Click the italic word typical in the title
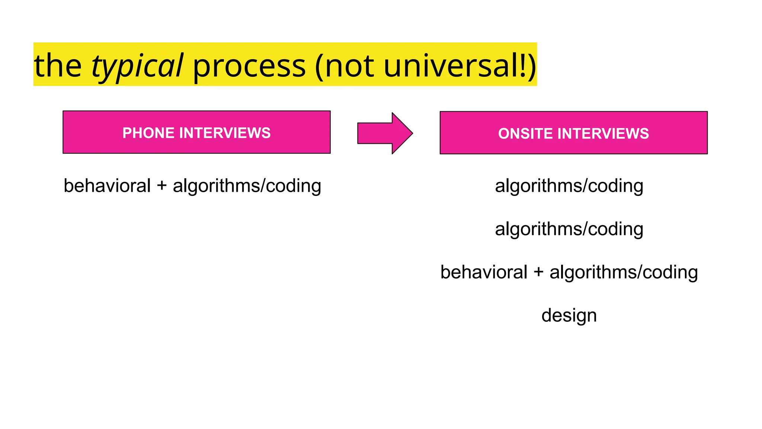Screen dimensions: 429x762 pyautogui.click(x=137, y=66)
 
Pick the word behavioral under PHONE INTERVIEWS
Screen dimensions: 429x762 pyautogui.click(x=107, y=185)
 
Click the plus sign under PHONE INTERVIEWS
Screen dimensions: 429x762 pyautogui.click(x=161, y=186)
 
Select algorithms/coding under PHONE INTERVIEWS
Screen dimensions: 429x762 pyautogui.click(x=247, y=186)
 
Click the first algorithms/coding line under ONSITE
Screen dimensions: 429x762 pyautogui.click(x=569, y=186)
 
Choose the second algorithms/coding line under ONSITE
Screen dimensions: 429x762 pyautogui.click(x=569, y=229)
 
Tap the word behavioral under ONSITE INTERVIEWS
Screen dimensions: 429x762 pyautogui.click(x=484, y=272)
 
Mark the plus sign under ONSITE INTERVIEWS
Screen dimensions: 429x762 pyautogui.click(x=538, y=273)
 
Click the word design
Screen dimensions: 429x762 pyautogui.click(x=569, y=316)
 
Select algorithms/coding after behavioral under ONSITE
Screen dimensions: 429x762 pyautogui.click(x=624, y=273)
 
